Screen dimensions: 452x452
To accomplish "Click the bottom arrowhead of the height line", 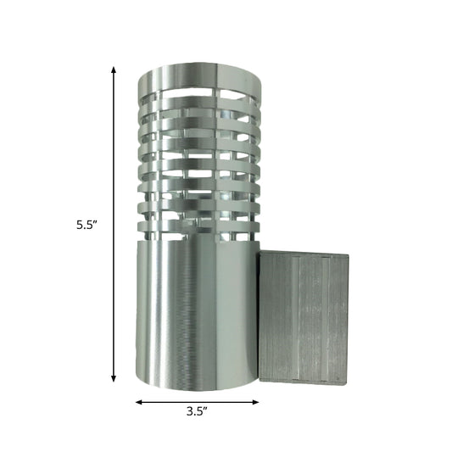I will click(114, 380).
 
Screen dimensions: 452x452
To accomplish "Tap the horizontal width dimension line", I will click(197, 401).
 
